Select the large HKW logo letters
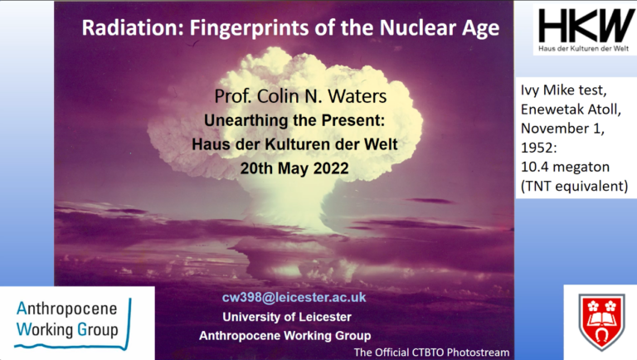(x=586, y=26)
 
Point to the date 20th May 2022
(x=294, y=168)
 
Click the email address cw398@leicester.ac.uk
(x=294, y=298)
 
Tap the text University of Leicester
(x=287, y=317)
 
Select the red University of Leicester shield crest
(x=601, y=322)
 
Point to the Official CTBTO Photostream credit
(x=431, y=353)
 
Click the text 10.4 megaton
(x=565, y=167)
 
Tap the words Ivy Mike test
(x=563, y=90)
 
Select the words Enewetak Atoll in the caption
(x=571, y=109)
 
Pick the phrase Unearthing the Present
(x=294, y=120)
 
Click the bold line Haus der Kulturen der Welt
(x=294, y=144)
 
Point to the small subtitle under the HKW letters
(x=583, y=49)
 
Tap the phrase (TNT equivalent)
(x=575, y=186)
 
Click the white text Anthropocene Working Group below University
(x=284, y=336)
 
